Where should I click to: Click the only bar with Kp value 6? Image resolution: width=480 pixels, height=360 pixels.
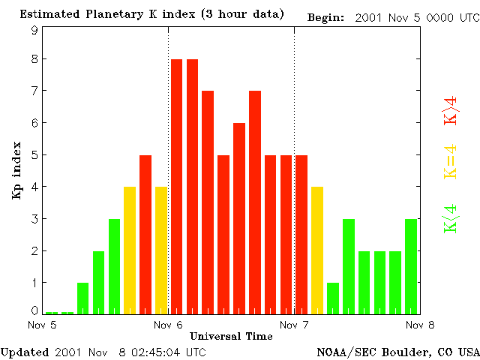(239, 217)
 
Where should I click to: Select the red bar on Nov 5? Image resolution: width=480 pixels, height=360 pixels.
(145, 234)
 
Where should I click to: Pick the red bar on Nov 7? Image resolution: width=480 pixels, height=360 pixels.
(301, 234)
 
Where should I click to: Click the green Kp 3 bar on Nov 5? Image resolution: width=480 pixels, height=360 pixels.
(114, 265)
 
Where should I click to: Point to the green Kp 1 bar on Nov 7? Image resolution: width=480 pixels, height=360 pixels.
(333, 298)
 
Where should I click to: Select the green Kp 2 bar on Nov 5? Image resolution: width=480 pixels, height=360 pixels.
(98, 282)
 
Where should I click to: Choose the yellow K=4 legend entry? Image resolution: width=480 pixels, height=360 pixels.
(451, 162)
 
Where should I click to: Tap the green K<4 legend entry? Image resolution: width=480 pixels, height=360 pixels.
(451, 218)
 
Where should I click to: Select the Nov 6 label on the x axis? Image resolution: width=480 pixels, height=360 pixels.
(168, 325)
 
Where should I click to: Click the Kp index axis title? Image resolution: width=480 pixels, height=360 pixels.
(16, 169)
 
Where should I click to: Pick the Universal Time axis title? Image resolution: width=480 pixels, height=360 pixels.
(231, 336)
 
